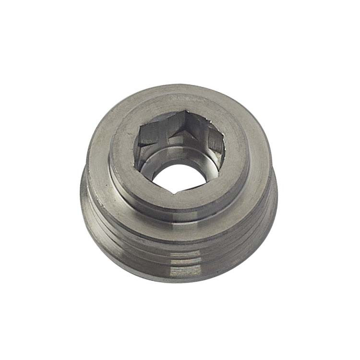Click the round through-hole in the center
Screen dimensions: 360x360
174,177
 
